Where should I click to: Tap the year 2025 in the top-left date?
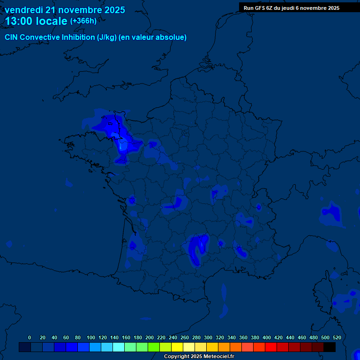(113, 10)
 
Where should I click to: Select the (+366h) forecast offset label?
(83, 21)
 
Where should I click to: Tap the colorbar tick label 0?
(30, 337)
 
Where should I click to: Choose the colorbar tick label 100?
(90, 337)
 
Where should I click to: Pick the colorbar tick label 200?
(149, 337)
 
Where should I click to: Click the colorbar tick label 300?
(208, 337)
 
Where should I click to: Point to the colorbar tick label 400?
(266, 337)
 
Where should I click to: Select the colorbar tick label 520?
(337, 337)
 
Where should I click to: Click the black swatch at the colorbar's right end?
(330, 347)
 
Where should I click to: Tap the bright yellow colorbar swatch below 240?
(177, 347)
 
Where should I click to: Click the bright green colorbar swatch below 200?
(154, 347)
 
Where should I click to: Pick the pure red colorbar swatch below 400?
(271, 347)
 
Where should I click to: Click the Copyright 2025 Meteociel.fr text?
(199, 357)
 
